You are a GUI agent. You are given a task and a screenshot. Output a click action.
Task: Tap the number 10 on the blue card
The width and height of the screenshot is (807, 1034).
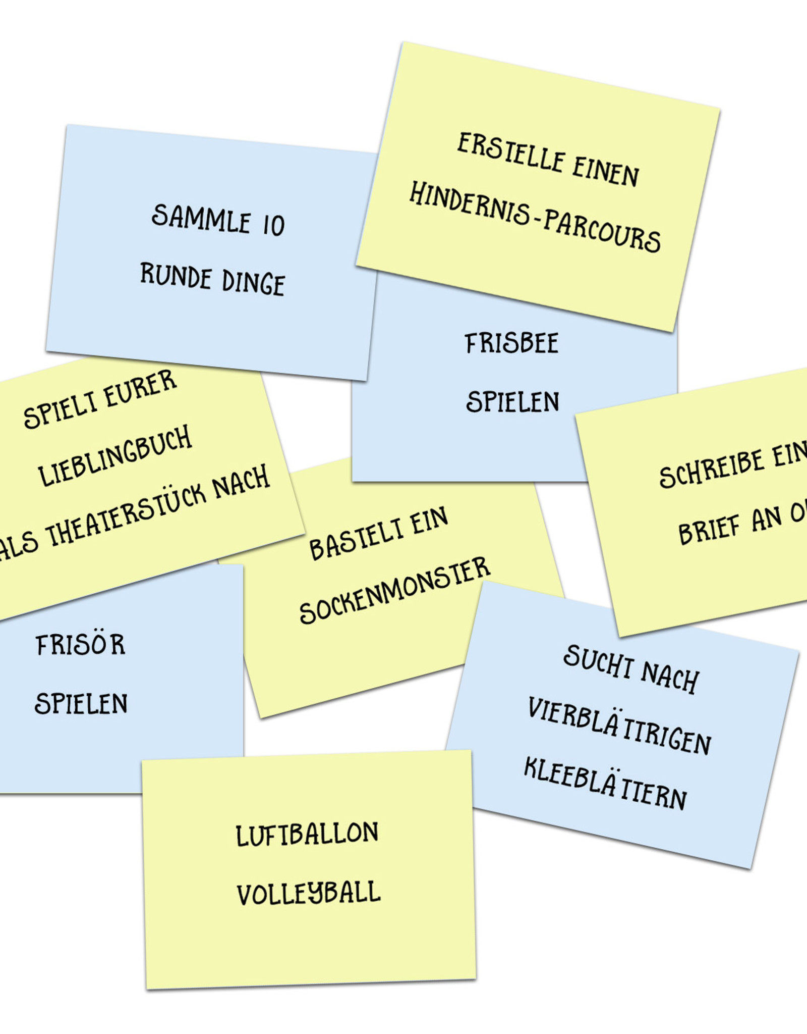[274, 226]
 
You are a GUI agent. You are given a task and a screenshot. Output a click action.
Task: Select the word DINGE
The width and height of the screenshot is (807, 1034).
[253, 283]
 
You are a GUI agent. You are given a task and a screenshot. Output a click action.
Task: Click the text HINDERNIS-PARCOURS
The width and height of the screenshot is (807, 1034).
[535, 217]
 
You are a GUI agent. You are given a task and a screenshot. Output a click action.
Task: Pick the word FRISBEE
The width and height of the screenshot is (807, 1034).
[511, 344]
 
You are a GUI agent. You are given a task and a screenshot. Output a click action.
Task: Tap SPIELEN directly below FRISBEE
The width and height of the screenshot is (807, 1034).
[512, 402]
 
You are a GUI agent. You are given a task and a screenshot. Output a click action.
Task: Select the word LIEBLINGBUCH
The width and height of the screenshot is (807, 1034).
[115, 456]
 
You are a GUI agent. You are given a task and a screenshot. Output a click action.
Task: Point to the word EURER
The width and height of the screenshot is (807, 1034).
[141, 389]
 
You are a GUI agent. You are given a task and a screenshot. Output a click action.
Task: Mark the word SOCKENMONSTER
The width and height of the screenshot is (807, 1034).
[394, 591]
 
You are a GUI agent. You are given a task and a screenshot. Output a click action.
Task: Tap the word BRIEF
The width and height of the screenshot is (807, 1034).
[709, 530]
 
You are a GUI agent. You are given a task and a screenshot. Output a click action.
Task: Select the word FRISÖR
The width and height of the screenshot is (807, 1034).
[80, 645]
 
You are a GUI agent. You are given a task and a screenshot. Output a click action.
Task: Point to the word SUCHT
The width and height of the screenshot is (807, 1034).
[598, 662]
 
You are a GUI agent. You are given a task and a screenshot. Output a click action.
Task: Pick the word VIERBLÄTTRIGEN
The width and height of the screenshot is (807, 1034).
[619, 726]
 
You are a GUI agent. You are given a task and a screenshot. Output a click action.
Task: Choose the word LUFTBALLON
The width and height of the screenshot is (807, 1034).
[307, 835]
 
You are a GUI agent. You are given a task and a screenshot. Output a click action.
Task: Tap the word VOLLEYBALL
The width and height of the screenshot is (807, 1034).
[309, 894]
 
